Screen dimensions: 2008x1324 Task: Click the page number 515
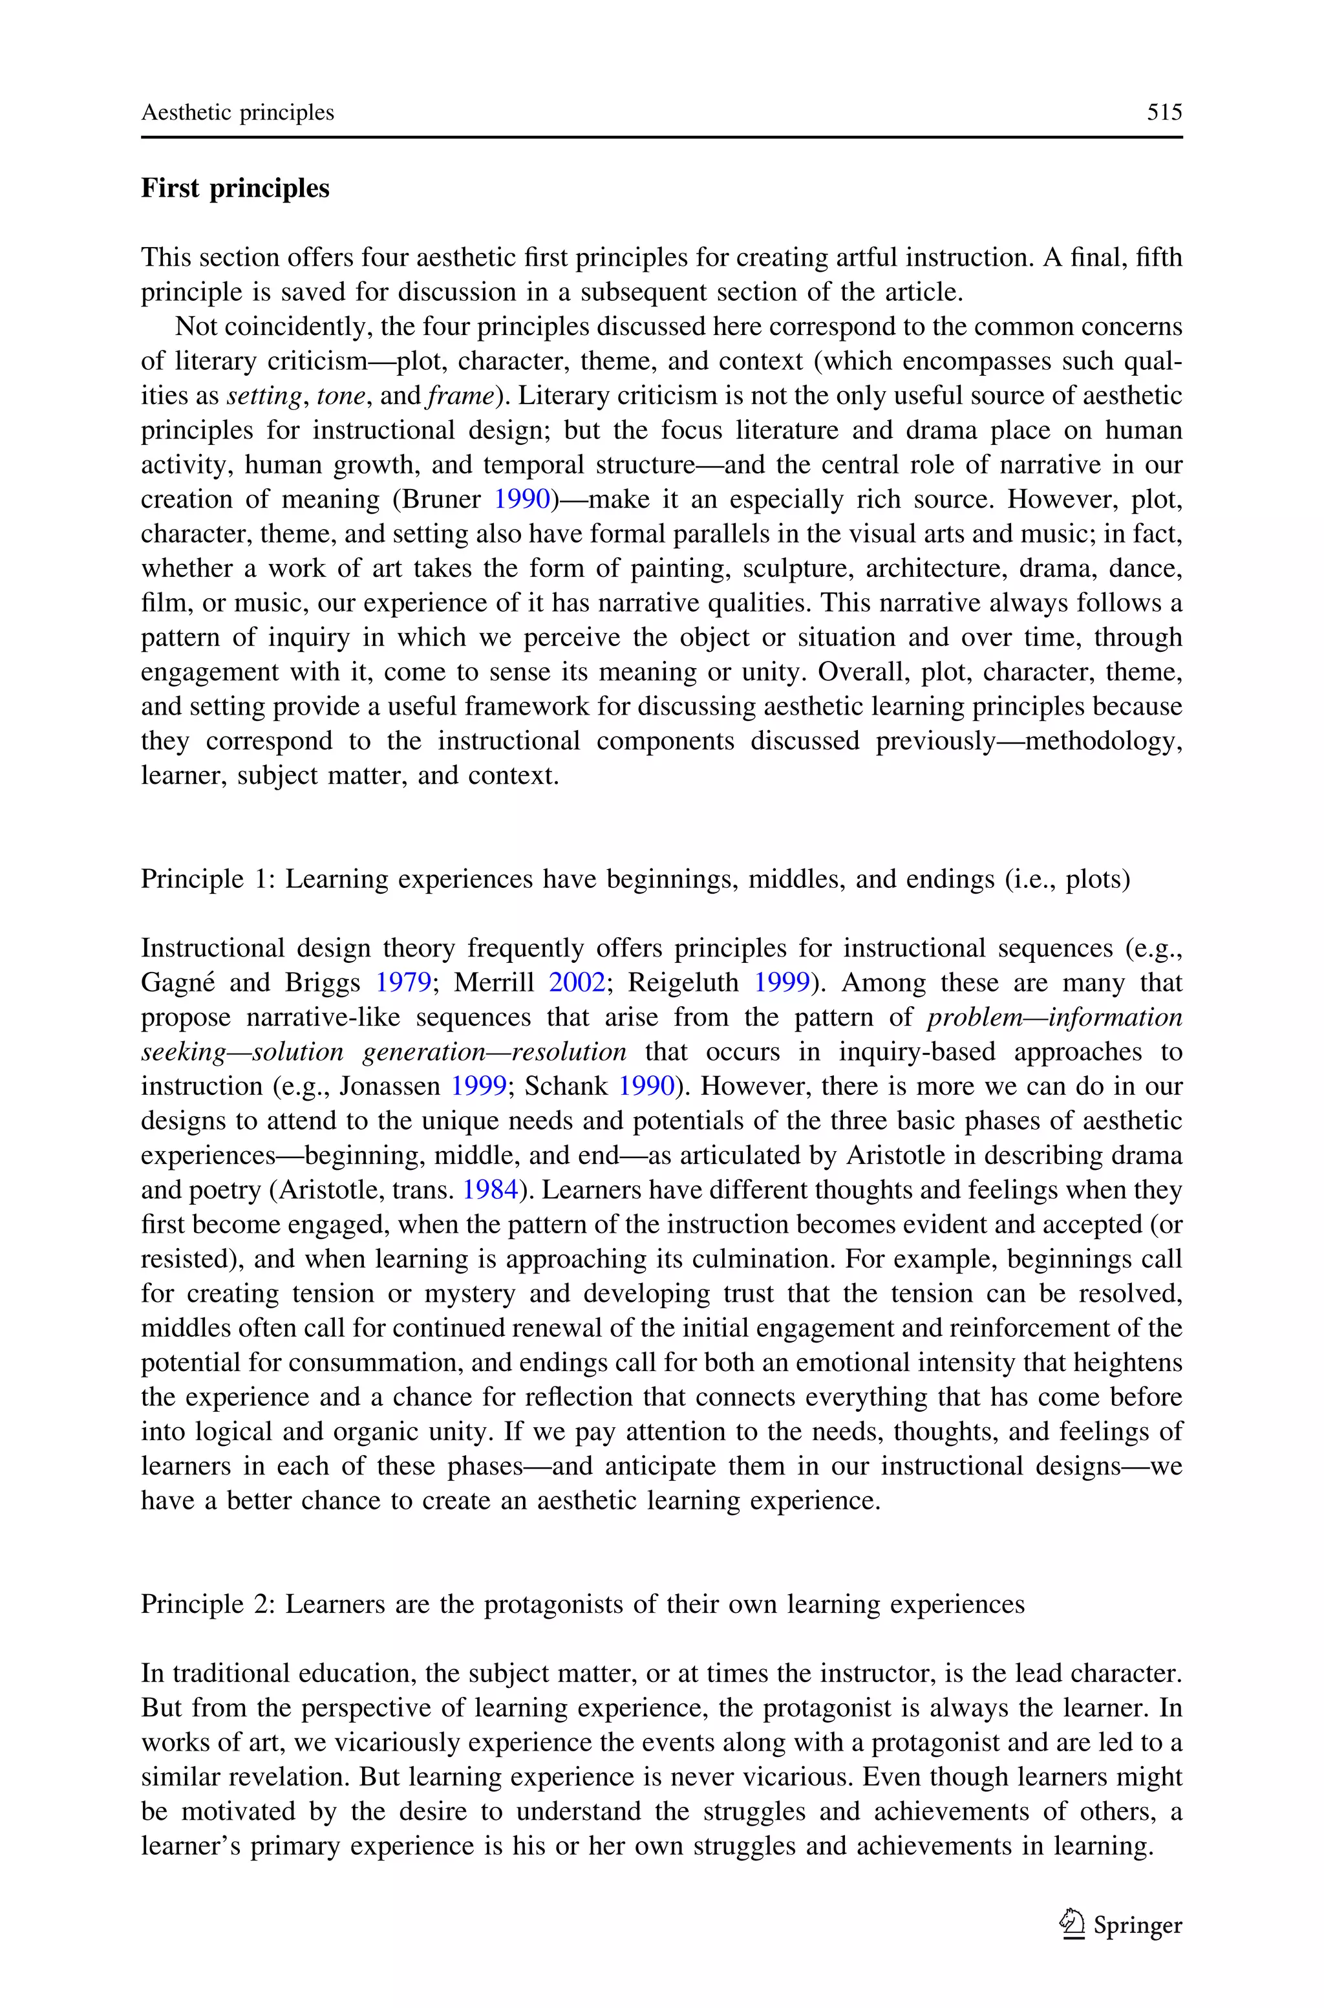point(1164,113)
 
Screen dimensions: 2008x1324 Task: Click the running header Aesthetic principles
point(237,113)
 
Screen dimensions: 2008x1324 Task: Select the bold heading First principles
point(235,188)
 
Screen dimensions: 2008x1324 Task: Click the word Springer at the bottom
point(1137,1926)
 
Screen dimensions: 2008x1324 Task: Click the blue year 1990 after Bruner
point(522,499)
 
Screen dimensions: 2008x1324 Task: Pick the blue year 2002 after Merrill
point(577,983)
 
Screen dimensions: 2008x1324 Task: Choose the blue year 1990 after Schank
point(646,1086)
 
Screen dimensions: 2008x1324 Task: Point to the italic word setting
point(264,396)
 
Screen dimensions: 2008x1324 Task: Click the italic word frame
point(460,396)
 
